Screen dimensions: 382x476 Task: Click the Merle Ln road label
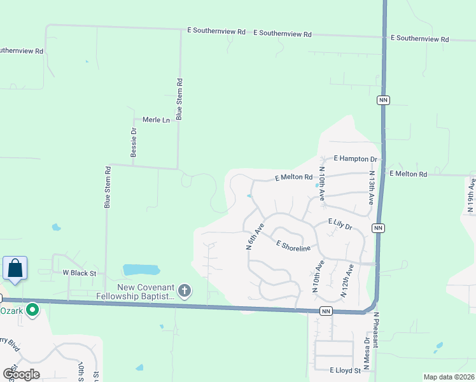156,120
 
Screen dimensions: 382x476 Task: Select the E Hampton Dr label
355,159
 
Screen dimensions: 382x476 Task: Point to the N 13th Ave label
371,187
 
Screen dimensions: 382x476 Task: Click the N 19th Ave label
470,195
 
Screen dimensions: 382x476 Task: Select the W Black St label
79,272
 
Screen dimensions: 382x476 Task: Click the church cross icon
185,291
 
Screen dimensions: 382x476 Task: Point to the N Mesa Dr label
367,356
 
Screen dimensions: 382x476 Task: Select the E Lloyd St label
345,370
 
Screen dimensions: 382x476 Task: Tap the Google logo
21,374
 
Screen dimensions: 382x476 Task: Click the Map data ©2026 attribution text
448,377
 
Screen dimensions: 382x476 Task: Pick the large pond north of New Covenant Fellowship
143,269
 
